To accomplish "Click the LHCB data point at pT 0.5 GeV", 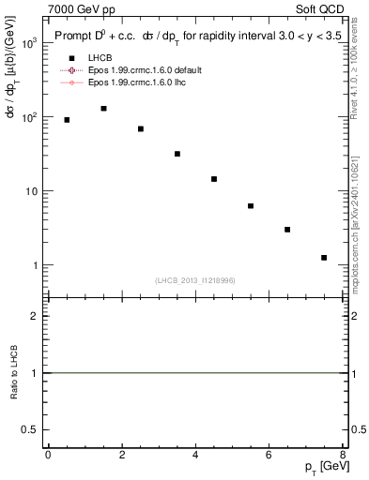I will tap(67, 120).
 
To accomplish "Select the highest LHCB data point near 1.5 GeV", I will tap(103, 109).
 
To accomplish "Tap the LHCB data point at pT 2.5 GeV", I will tap(141, 128).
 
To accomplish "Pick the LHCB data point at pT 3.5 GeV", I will tap(177, 154).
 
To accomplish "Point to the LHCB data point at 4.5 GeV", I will tap(214, 179).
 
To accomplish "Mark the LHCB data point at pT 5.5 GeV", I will tap(251, 206).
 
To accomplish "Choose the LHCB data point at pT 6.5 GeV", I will tap(287, 230).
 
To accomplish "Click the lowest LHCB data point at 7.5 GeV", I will tap(324, 258).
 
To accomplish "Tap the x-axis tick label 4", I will tap(195, 455).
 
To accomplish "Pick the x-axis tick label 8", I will tap(343, 455).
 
